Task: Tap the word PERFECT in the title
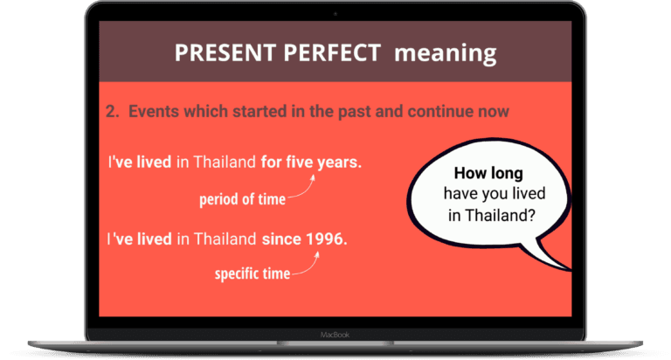328,52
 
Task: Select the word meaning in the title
445,52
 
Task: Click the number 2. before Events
111,112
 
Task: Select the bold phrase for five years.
311,162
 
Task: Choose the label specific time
252,274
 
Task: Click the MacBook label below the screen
335,333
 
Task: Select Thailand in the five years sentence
225,162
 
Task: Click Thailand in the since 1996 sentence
225,238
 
